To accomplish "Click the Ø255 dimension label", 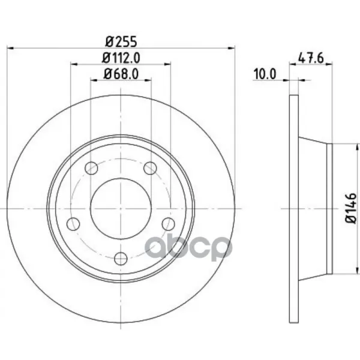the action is pyautogui.click(x=121, y=42).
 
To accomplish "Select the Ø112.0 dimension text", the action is pyautogui.click(x=121, y=58).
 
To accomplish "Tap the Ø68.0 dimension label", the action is pyautogui.click(x=121, y=74).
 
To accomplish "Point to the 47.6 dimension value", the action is pyautogui.click(x=311, y=58).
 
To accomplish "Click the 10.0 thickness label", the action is pyautogui.click(x=265, y=74).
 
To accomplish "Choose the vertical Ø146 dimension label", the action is pyautogui.click(x=351, y=208).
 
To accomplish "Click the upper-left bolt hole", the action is pyautogui.click(x=91, y=168).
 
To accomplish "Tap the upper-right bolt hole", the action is pyautogui.click(x=150, y=168).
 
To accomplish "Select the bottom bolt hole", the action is pyautogui.click(x=121, y=259).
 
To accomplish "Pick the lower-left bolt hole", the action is pyautogui.click(x=73, y=224).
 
